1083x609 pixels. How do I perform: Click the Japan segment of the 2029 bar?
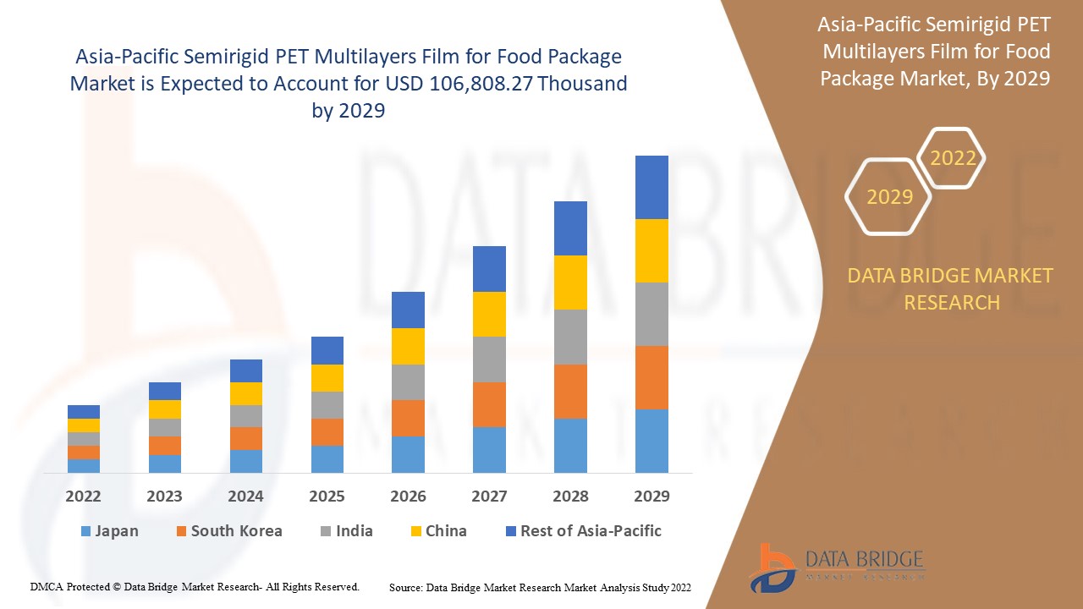tap(651, 441)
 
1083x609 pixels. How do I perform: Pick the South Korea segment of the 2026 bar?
tap(408, 418)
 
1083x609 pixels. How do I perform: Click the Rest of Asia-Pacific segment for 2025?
tap(327, 350)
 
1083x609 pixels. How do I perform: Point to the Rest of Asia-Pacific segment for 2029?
tap(651, 187)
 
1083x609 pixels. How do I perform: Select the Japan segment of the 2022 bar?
tap(84, 465)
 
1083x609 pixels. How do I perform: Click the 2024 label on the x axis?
tap(245, 496)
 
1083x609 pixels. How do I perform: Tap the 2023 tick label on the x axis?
tap(164, 496)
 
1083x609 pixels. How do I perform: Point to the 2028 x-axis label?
tap(570, 496)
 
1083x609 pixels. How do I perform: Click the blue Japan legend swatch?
tap(85, 531)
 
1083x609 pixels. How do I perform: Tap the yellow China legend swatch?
tap(415, 531)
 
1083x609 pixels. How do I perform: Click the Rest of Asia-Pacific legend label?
tap(591, 531)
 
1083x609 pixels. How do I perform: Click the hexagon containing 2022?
tap(953, 158)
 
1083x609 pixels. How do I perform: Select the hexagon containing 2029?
tap(889, 197)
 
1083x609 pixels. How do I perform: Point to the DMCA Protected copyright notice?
tap(195, 586)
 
